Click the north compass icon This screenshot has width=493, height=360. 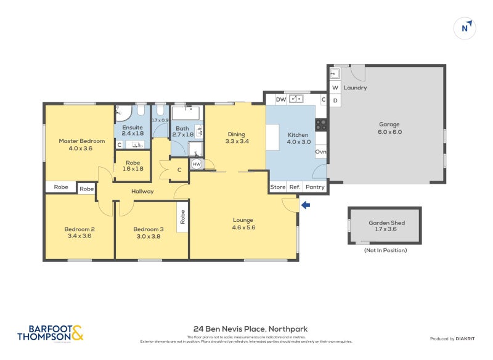465,28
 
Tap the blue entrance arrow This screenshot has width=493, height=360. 306,205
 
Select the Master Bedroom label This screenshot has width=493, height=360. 82,141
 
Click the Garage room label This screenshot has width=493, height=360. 389,124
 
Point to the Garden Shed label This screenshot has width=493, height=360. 386,224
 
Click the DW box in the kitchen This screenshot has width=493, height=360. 280,99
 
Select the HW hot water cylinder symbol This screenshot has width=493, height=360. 197,164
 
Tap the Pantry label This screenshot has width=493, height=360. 315,187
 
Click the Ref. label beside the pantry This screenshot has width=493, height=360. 295,187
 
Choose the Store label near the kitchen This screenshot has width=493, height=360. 278,187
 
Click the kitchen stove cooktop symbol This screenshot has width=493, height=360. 321,125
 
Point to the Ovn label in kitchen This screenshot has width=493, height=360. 320,152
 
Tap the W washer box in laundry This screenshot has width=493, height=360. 335,88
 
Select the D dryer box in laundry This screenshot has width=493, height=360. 335,100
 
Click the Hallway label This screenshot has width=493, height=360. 142,192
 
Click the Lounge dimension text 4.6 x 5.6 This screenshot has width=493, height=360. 243,227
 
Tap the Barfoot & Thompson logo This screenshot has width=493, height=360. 50,333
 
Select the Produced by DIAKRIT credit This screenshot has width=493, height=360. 452,338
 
